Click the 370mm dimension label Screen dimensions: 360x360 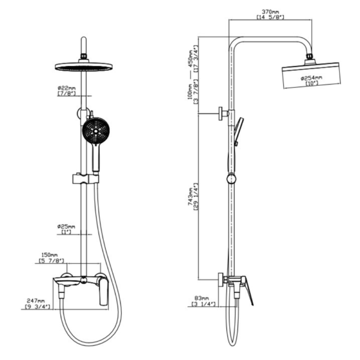[x=270, y=11]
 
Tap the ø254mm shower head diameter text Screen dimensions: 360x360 [x=311, y=78]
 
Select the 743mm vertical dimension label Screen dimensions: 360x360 [x=191, y=196]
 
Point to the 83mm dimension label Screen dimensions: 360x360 [x=202, y=298]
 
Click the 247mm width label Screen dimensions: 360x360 [x=36, y=301]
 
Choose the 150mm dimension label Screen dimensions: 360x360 [x=50, y=255]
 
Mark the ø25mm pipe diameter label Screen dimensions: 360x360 [x=66, y=227]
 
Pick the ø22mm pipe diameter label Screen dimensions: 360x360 [x=67, y=88]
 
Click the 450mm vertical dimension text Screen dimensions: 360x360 [x=191, y=59]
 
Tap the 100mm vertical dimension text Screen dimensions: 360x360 [x=190, y=92]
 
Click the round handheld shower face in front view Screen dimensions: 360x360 [x=96, y=131]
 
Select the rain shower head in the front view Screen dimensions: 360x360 [x=83, y=67]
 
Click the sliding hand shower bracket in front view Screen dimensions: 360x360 [x=86, y=179]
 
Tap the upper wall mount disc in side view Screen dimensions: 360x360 [x=221, y=113]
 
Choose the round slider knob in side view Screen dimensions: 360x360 [x=231, y=179]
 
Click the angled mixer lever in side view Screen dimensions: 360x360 [x=248, y=291]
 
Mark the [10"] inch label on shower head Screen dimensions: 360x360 [x=312, y=83]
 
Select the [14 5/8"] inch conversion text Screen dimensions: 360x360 [x=270, y=17]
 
